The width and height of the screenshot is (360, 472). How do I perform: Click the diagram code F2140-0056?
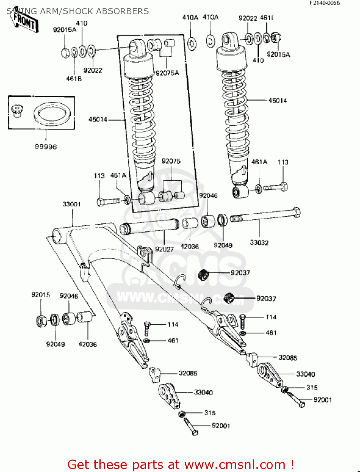coord(324,3)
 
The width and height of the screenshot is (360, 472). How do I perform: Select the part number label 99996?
coord(46,147)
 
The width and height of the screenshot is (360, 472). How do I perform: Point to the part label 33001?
coord(71,204)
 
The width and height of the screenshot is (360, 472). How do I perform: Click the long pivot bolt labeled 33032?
coord(264,215)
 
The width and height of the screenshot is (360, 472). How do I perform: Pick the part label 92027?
coord(164,249)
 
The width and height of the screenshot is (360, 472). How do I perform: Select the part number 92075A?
coord(167,73)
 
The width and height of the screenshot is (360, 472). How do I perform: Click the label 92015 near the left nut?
coord(41,295)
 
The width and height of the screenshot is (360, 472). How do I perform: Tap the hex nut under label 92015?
coord(41,321)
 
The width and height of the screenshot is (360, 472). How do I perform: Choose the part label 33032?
coord(259,243)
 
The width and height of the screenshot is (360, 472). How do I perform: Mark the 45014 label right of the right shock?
coord(278,101)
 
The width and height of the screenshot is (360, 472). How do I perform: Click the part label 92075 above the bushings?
coord(171,161)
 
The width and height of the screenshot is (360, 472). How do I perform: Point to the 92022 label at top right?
coord(248,18)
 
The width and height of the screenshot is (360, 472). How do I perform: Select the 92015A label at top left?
coord(65,30)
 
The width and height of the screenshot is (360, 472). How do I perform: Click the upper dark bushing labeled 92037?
coord(203,274)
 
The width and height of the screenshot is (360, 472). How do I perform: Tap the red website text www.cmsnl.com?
coord(234,464)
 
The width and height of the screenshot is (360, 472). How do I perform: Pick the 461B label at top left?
coord(74,79)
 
